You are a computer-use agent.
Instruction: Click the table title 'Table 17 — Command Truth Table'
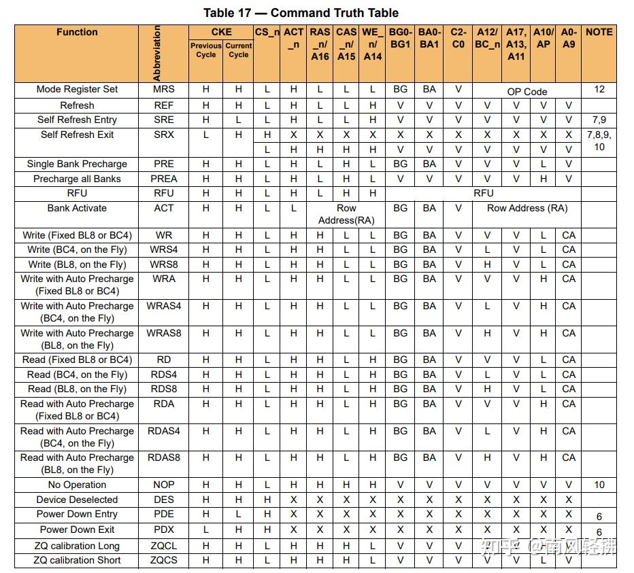click(x=301, y=13)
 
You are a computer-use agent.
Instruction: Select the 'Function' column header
click(x=77, y=33)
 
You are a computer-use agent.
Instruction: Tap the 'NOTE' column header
click(x=599, y=32)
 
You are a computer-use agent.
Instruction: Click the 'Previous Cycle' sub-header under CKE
click(x=205, y=50)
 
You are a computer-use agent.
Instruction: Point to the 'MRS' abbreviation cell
click(x=163, y=89)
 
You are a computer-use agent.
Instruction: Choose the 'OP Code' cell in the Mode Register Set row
click(x=527, y=92)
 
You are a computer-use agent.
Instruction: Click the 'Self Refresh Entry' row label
click(x=77, y=120)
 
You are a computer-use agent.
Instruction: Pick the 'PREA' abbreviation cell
click(x=163, y=179)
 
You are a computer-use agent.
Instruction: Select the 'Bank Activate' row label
click(x=77, y=208)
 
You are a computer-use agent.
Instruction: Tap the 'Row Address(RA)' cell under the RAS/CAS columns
click(x=346, y=214)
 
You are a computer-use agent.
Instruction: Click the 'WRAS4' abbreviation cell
click(x=163, y=306)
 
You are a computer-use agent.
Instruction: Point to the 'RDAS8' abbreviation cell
click(x=163, y=457)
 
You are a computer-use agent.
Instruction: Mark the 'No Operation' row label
click(x=77, y=485)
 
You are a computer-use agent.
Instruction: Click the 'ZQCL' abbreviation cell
click(x=163, y=546)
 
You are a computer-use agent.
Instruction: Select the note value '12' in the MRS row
click(x=599, y=89)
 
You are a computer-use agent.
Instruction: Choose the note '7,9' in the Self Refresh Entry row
click(x=599, y=120)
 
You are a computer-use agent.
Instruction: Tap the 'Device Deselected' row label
click(x=77, y=500)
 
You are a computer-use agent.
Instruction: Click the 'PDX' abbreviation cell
click(x=163, y=529)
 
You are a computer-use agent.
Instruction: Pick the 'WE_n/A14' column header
click(x=372, y=44)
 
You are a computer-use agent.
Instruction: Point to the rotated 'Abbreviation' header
click(x=158, y=54)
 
